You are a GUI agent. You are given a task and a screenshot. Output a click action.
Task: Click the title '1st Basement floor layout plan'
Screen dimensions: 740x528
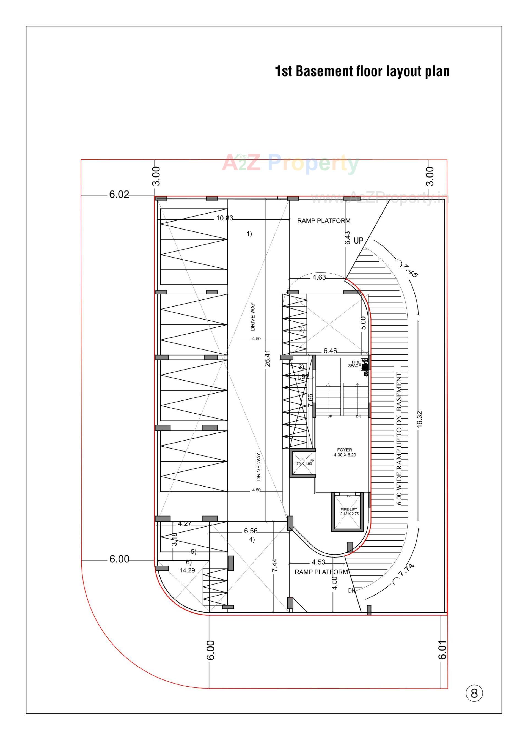coord(362,71)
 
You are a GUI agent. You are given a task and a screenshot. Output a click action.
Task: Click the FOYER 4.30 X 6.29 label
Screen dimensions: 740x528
coord(345,452)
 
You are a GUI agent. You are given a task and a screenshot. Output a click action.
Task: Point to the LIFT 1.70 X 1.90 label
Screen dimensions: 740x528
coord(303,462)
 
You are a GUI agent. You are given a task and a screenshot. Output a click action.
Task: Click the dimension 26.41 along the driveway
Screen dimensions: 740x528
coord(267,358)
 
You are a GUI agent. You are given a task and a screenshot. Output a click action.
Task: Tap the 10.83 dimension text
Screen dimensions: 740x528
coord(225,218)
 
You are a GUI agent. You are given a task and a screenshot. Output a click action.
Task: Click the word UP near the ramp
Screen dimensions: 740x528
coord(358,241)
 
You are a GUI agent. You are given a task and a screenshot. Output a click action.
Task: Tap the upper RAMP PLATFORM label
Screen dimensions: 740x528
coord(324,221)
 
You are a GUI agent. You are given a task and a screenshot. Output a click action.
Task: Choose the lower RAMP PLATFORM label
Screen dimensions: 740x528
coord(321,572)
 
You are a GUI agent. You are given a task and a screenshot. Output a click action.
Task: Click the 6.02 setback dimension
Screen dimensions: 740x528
coord(119,195)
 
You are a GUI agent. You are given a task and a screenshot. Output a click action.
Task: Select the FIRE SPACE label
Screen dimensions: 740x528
coord(355,364)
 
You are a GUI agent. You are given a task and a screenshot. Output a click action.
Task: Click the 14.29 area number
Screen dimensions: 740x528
coord(187,570)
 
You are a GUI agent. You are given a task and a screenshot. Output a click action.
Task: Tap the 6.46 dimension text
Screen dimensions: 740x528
coord(330,351)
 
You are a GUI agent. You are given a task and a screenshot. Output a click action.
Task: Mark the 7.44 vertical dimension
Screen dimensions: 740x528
coord(275,565)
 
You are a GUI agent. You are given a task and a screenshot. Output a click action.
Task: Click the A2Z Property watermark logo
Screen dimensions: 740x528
coord(290,164)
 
